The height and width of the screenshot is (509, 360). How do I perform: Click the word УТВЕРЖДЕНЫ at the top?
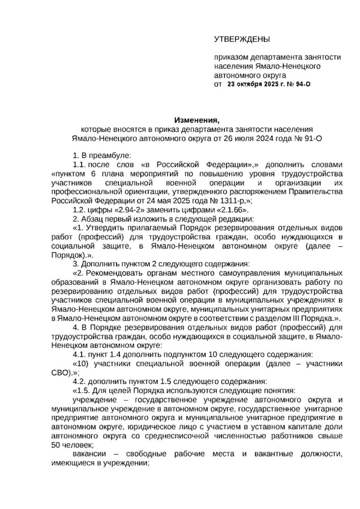[242, 39]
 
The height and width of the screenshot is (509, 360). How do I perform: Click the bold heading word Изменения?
[197, 121]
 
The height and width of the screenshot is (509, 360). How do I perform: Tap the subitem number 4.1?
[79, 355]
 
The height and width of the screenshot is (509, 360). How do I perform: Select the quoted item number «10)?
[81, 364]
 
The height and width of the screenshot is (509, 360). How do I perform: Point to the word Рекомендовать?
[115, 273]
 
